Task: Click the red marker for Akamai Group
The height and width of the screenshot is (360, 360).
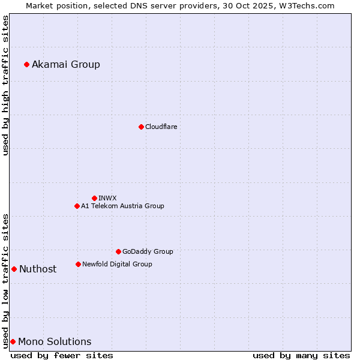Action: pyautogui.click(x=26, y=64)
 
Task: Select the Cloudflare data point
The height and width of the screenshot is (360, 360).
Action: pyautogui.click(x=141, y=127)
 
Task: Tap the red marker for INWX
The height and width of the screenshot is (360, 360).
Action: pyautogui.click(x=94, y=198)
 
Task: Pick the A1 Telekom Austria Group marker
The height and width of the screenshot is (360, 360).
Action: pyautogui.click(x=77, y=206)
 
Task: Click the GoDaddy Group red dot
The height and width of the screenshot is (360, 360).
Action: pyautogui.click(x=118, y=251)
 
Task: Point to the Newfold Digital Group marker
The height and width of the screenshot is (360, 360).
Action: pyautogui.click(x=78, y=264)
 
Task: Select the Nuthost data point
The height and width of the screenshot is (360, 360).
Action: pyautogui.click(x=14, y=269)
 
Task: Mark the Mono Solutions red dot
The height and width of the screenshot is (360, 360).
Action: pyautogui.click(x=13, y=341)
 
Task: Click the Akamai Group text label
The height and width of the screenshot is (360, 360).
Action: pyautogui.click(x=66, y=64)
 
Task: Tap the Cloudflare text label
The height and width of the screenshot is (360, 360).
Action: pyautogui.click(x=161, y=127)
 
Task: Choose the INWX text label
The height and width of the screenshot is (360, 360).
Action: pyautogui.click(x=108, y=198)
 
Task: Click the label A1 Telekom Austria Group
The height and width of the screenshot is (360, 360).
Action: pyautogui.click(x=122, y=206)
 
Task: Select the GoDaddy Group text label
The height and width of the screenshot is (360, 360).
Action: pyautogui.click(x=148, y=251)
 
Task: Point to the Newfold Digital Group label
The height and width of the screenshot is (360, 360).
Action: pyautogui.click(x=117, y=264)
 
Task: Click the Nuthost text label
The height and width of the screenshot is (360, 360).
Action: pyautogui.click(x=38, y=269)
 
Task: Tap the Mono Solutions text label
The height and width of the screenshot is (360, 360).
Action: pyautogui.click(x=55, y=341)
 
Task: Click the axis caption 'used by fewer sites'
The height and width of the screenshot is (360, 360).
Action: pyautogui.click(x=62, y=355)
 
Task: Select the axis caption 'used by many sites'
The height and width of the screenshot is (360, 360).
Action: pyautogui.click(x=301, y=355)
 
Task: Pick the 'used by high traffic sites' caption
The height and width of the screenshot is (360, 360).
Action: pyautogui.click(x=5, y=85)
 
